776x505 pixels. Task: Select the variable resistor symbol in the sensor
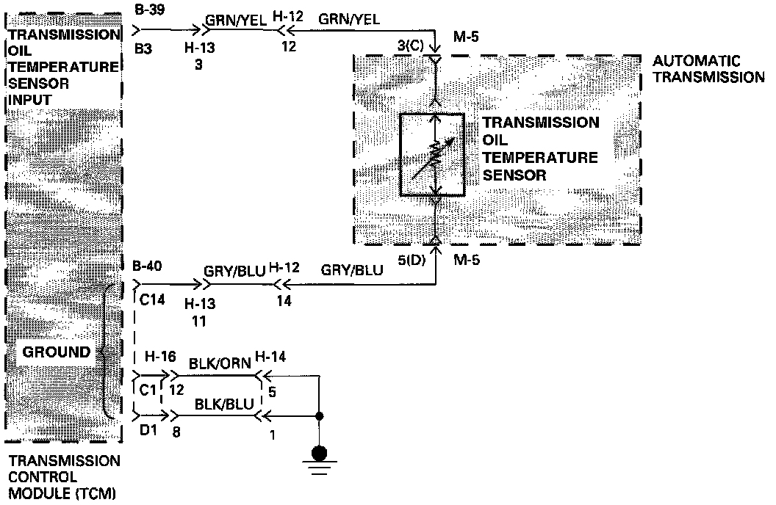click(432, 154)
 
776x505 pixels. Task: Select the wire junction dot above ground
click(319, 418)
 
